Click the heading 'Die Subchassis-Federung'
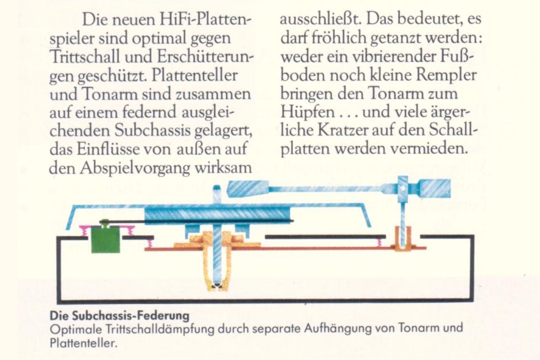point(119,315)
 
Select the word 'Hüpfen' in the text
point(307,112)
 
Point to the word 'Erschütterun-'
point(205,57)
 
